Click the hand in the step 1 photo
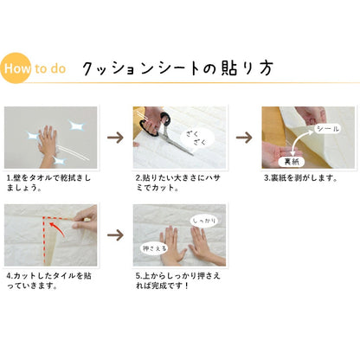(48, 141)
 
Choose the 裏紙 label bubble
(292, 161)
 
